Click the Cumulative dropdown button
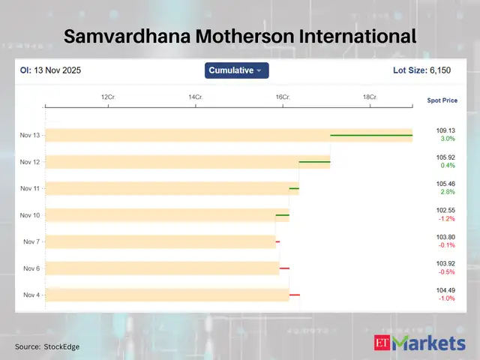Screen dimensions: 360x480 [236, 70]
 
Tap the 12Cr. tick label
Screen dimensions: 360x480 [108, 97]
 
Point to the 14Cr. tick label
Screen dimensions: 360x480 [196, 97]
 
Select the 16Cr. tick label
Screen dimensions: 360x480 [283, 97]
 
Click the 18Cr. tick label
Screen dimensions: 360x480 [370, 97]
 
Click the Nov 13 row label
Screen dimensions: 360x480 [31, 136]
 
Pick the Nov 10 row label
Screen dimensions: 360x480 [31, 215]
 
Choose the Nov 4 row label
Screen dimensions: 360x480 [31, 295]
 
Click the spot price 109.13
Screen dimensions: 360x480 [446, 130]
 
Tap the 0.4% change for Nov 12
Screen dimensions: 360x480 [447, 166]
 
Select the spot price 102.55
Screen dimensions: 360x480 [446, 210]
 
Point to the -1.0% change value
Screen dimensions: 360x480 [447, 298]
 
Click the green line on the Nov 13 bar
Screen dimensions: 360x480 [371, 135]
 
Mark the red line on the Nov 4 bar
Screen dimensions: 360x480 [295, 295]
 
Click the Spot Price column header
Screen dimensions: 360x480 [442, 100]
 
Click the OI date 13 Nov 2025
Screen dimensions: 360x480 [56, 70]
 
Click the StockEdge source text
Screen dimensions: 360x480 [62, 346]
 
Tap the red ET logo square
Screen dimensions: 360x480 [382, 343]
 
